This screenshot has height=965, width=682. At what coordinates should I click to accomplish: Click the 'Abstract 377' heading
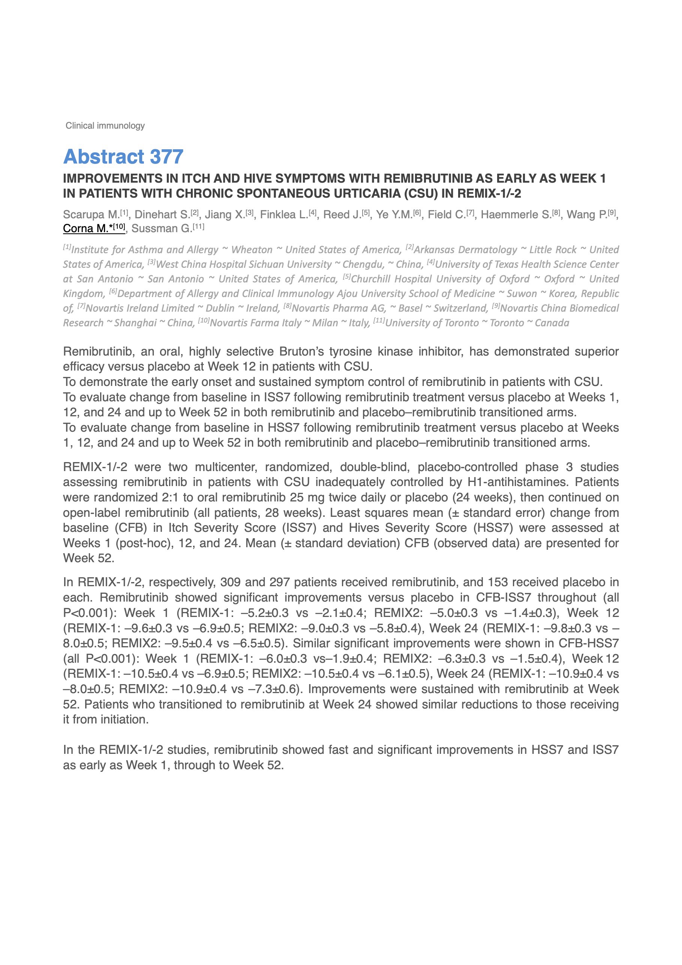[x=123, y=157]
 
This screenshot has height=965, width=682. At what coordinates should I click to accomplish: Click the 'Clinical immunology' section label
[x=105, y=126]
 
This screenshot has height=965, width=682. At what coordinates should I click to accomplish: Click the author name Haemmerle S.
[x=516, y=215]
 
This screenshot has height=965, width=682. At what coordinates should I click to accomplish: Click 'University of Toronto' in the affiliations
[x=432, y=323]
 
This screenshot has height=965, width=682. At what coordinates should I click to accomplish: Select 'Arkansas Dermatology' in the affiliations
[x=465, y=250]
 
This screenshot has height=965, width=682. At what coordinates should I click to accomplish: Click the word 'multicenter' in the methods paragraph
[x=213, y=467]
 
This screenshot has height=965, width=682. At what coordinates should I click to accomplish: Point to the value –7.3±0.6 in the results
[x=274, y=689]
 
